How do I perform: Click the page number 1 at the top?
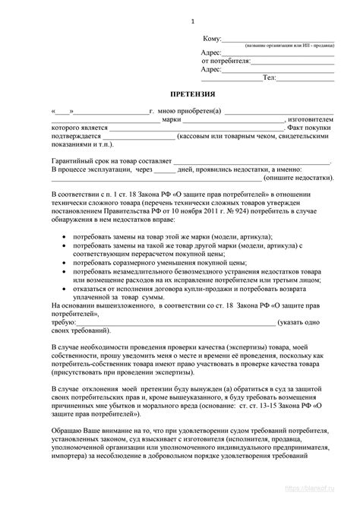[x=193, y=20]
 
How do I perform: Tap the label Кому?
[x=212, y=38]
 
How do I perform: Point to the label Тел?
[x=269, y=77]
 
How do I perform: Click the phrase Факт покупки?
[x=312, y=128]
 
